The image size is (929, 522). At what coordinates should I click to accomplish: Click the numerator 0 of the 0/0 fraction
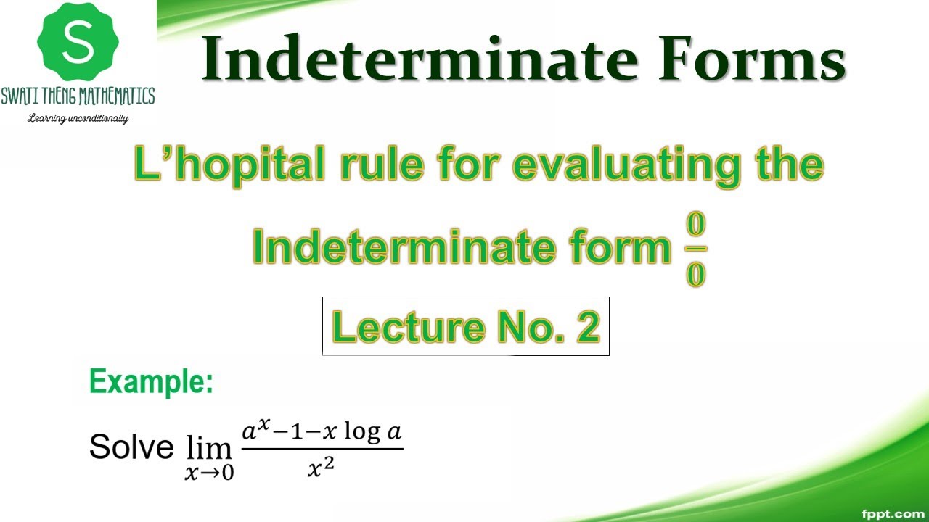pyautogui.click(x=696, y=225)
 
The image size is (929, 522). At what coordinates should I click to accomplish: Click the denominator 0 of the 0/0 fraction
pyautogui.click(x=696, y=275)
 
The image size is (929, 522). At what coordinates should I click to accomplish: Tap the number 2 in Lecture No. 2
pyautogui.click(x=589, y=327)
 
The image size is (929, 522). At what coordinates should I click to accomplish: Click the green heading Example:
pyautogui.click(x=152, y=382)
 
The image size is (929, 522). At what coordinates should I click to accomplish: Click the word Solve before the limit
pyautogui.click(x=131, y=447)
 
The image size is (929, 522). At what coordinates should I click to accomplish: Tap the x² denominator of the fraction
pyautogui.click(x=322, y=470)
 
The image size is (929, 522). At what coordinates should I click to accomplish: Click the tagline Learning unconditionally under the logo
pyautogui.click(x=78, y=118)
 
